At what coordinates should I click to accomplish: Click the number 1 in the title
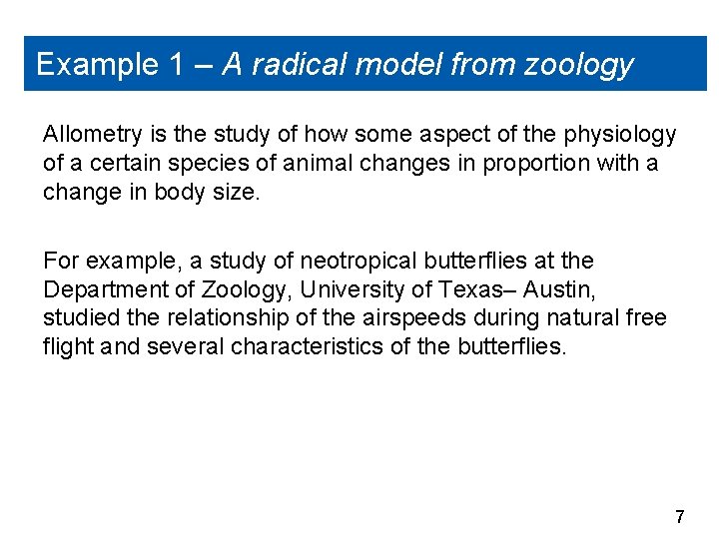point(176,65)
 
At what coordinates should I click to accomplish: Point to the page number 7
point(680,517)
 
